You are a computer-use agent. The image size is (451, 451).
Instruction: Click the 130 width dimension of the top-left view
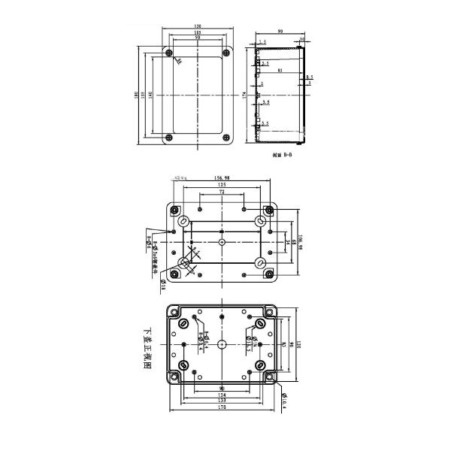click(197, 27)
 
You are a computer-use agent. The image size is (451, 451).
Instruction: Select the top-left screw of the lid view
click(168, 52)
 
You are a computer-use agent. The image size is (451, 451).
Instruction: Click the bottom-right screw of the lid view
click(227, 138)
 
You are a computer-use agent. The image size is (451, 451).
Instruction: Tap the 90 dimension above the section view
click(280, 32)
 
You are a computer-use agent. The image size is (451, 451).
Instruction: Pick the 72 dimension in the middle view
click(222, 193)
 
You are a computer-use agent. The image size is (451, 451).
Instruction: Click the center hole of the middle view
click(222, 242)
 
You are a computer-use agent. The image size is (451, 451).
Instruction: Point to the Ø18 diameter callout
click(163, 283)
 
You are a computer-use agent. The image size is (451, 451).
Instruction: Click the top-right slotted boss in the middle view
click(261, 221)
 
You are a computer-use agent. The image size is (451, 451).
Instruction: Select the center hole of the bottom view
click(222, 344)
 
